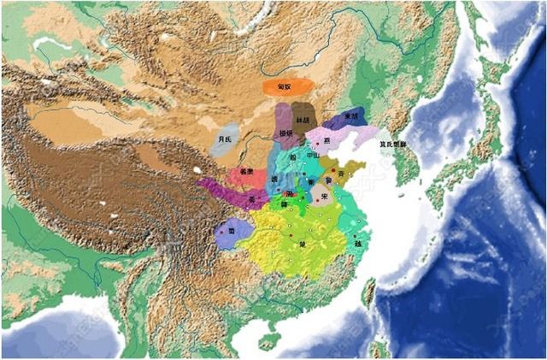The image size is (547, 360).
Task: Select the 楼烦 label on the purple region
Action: pyautogui.click(x=285, y=133)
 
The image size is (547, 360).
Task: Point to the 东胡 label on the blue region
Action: pyautogui.click(x=350, y=116)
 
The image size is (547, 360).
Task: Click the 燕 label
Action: pyautogui.click(x=326, y=139)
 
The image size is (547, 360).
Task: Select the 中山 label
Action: pyautogui.click(x=313, y=156)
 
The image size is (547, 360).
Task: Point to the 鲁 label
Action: pyautogui.click(x=328, y=180)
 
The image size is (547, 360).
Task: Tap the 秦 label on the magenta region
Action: pyautogui.click(x=251, y=199)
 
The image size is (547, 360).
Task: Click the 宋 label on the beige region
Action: pyautogui.click(x=326, y=196)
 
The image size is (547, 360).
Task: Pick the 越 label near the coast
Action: pyautogui.click(x=357, y=243)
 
